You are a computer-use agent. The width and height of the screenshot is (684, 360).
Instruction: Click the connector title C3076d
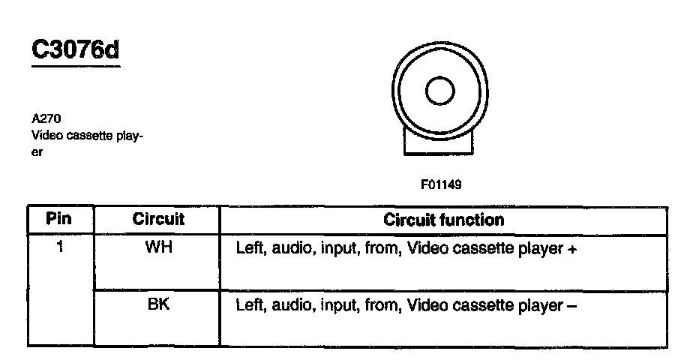coord(75,50)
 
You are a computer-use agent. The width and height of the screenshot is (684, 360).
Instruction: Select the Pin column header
coord(59,220)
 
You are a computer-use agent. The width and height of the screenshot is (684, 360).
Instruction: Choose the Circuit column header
coord(158,220)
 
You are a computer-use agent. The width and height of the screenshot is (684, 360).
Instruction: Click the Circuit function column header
coord(443,220)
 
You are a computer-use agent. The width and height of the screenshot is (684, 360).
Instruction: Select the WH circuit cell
coord(158,247)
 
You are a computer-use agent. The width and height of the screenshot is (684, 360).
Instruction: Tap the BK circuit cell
coord(158,305)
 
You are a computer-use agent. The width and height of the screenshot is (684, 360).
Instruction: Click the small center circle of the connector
coord(439,91)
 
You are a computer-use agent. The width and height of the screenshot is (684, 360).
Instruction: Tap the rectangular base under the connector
coord(439,142)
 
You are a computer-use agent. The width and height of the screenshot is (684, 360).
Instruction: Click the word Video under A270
coord(44,136)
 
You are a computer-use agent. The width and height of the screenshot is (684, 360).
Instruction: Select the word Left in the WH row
coord(250,248)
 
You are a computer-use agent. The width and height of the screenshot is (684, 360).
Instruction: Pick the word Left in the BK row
coord(250,306)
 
